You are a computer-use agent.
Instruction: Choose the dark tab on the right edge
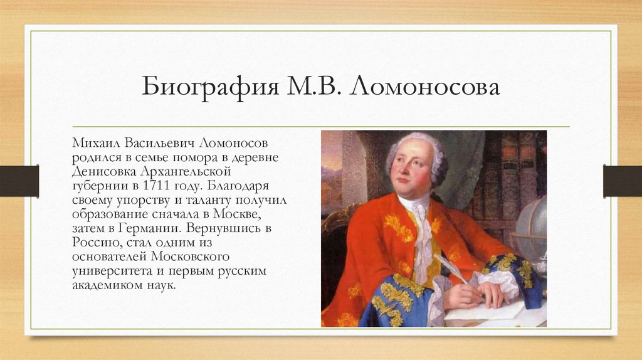pyautogui.click(x=622, y=181)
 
